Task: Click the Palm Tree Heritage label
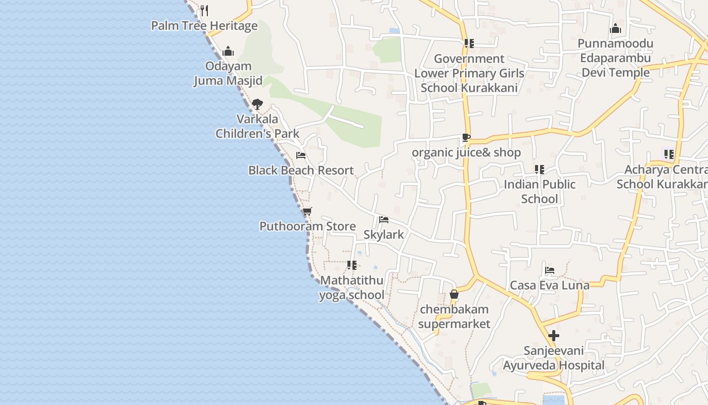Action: pos(204,25)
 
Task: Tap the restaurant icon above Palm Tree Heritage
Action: pos(204,10)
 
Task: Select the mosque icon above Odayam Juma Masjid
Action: pos(228,51)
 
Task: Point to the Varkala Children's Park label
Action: pos(257,127)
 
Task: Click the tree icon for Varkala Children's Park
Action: pos(257,104)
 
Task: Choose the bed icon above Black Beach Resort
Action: pos(301,155)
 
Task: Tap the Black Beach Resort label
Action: pos(301,170)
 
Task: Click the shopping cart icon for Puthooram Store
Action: pos(307,211)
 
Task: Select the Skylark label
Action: pos(384,234)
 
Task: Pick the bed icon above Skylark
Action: pos(384,220)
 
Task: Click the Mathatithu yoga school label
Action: pos(351,288)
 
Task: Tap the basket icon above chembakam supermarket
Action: pos(454,294)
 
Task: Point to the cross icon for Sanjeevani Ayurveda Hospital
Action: pos(554,335)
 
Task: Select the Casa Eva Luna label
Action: pos(550,285)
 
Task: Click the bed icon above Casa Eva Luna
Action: pos(550,270)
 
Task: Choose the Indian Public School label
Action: pos(540,191)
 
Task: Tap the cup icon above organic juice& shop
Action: pos(466,137)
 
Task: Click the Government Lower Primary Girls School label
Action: pos(469,73)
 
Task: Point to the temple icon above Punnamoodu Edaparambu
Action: pos(615,28)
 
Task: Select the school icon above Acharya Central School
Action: pos(669,154)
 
